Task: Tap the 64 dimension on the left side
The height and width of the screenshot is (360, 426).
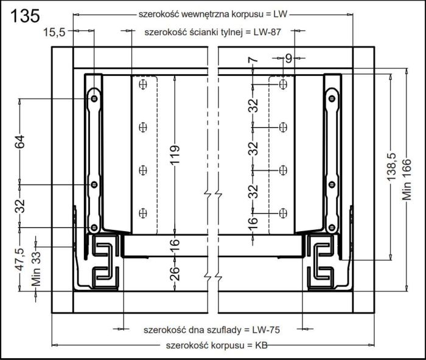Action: [x=20, y=142]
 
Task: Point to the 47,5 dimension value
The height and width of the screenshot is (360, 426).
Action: [x=19, y=260]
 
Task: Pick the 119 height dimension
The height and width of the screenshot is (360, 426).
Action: [x=174, y=156]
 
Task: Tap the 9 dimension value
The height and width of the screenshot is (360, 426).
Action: [x=288, y=59]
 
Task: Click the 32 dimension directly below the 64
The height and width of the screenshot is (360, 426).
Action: [x=20, y=205]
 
